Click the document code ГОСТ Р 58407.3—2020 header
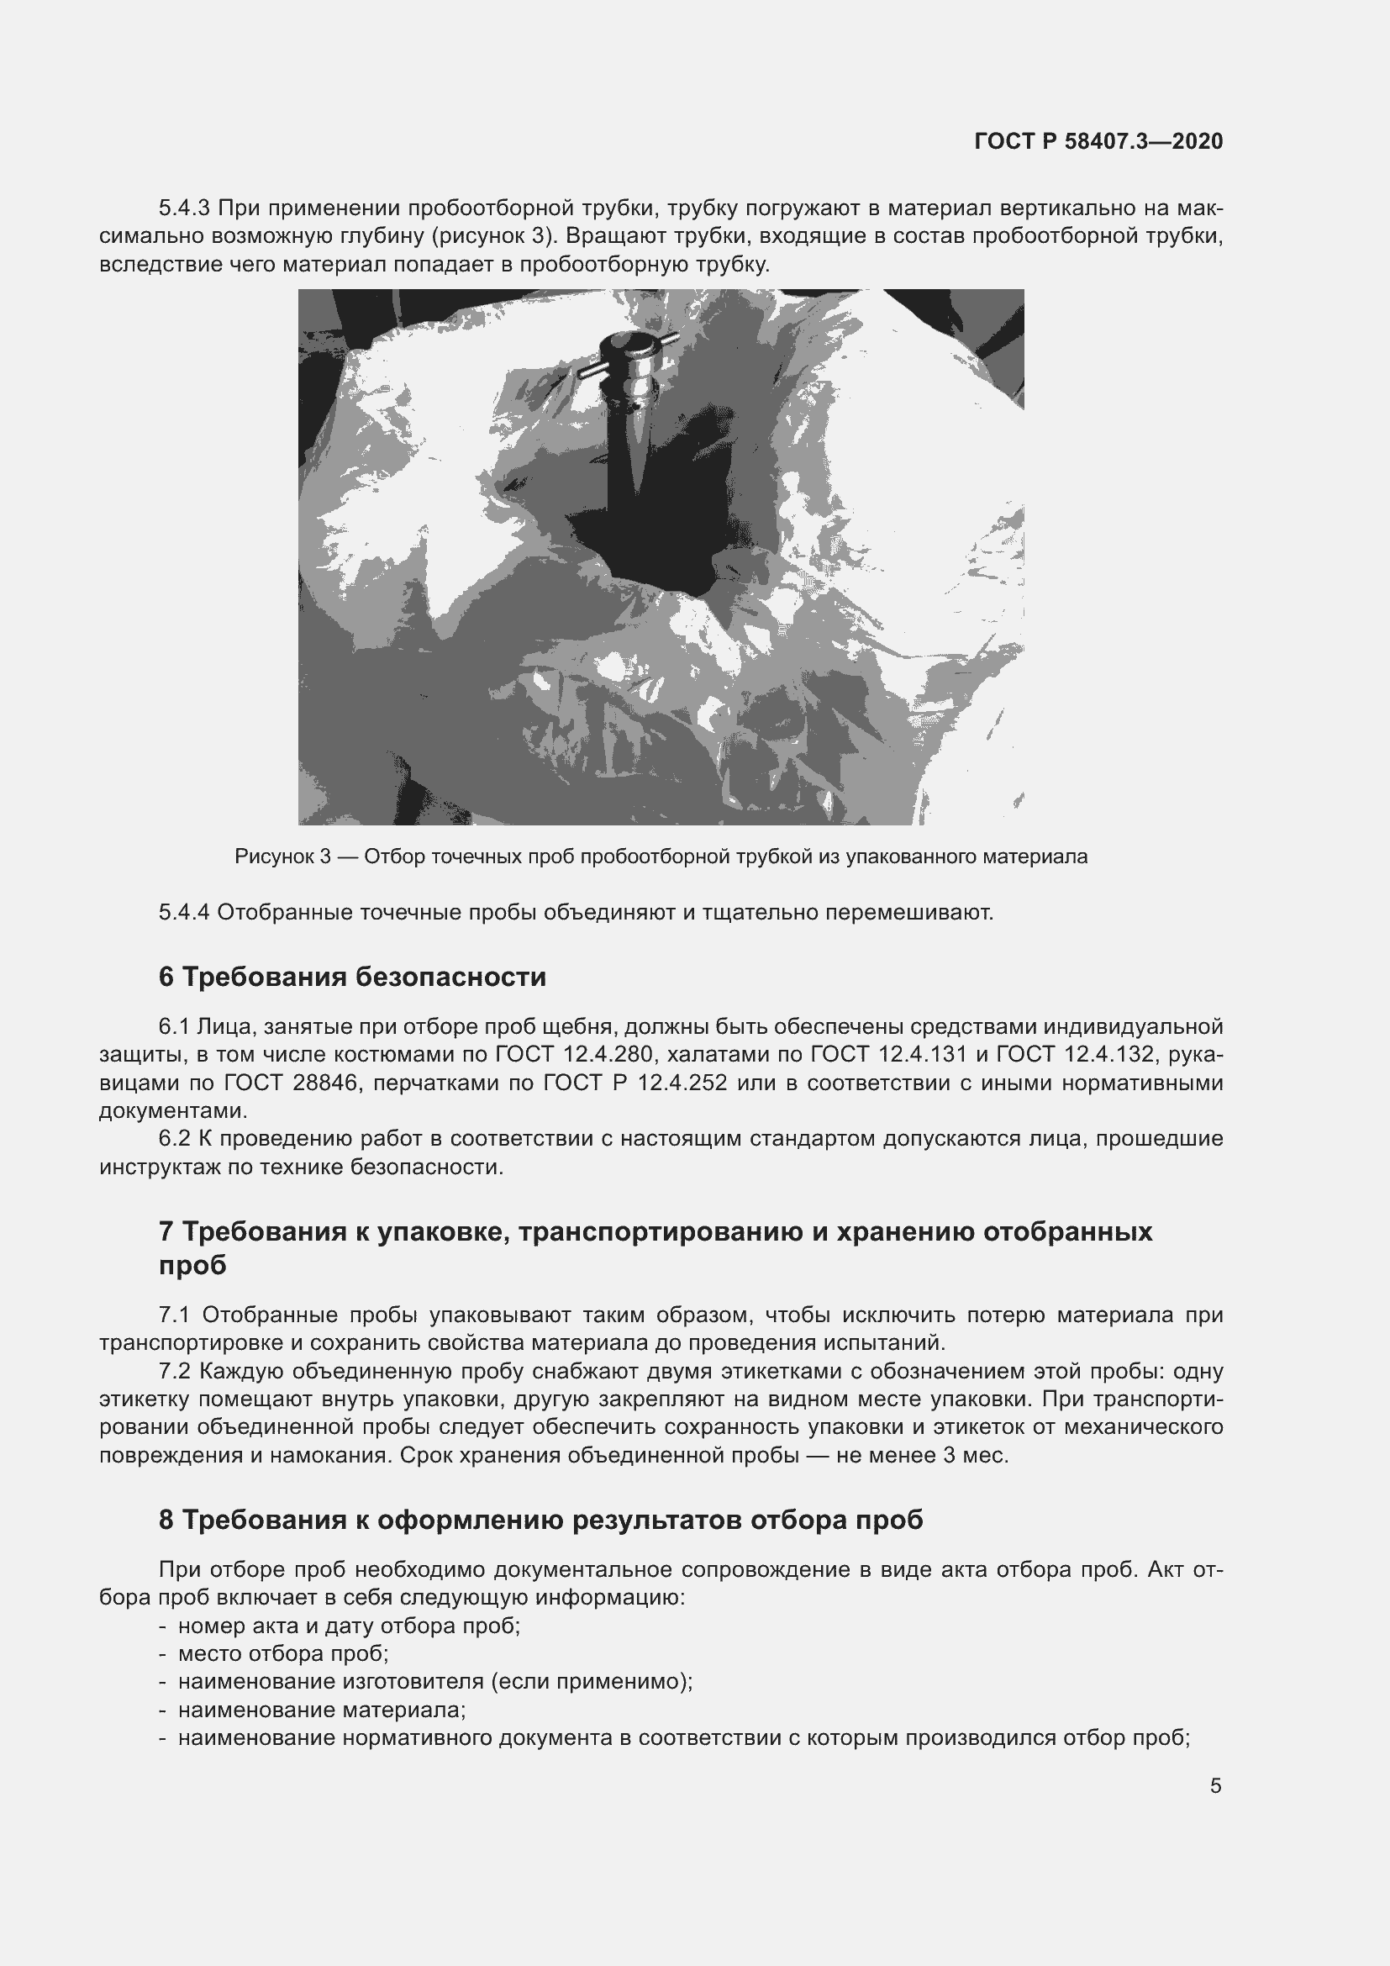tap(1098, 141)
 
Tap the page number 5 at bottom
tap(1215, 1786)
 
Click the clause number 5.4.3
tap(184, 208)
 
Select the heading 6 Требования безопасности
tap(352, 977)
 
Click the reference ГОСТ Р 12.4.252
tap(634, 1083)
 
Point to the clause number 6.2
tap(175, 1138)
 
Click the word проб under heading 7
tap(192, 1265)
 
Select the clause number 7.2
tap(175, 1371)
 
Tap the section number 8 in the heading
tap(166, 1519)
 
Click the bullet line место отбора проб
tap(283, 1653)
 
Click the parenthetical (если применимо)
tap(592, 1682)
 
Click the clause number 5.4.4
tap(184, 912)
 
